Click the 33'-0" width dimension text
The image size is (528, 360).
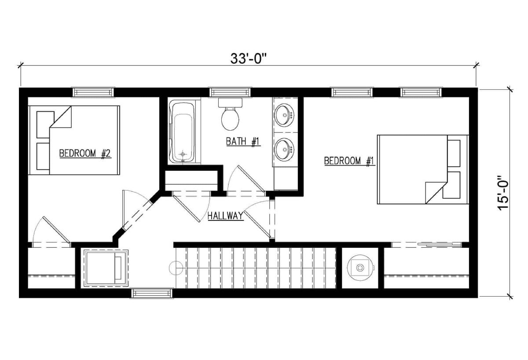point(249,58)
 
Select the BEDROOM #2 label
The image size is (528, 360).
point(85,154)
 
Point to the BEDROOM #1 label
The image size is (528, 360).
point(349,161)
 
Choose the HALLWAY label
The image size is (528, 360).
point(226,216)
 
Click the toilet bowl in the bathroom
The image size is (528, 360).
point(230,118)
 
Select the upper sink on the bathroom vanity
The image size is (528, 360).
point(285,115)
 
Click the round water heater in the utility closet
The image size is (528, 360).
point(360,268)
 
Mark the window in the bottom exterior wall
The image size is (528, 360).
point(152,293)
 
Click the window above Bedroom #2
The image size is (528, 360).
point(93,92)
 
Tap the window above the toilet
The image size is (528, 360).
point(230,92)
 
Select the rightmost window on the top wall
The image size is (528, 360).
point(421,92)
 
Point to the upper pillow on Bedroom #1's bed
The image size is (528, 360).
point(454,153)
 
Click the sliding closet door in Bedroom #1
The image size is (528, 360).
point(427,245)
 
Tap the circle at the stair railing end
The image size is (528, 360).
point(176,268)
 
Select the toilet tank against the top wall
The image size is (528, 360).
point(230,103)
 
